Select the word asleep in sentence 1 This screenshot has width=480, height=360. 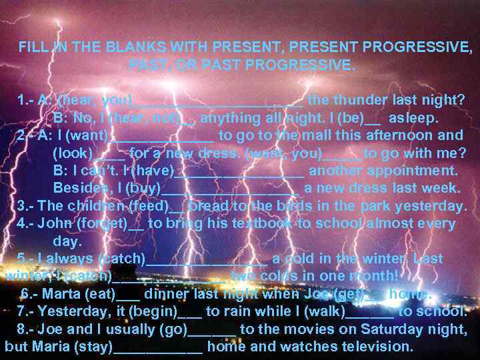coord(413,118)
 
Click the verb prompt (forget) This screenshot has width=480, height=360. coord(103,223)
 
